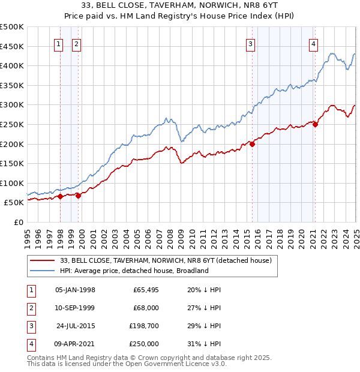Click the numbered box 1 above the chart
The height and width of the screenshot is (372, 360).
(x=59, y=43)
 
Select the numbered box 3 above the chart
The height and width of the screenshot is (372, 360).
(x=250, y=43)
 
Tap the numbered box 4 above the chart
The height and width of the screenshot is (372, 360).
(x=313, y=43)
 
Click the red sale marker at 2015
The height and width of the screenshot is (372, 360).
(x=253, y=144)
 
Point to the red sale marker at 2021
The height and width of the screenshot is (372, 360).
(x=315, y=124)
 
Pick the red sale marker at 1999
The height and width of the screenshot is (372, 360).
(x=79, y=196)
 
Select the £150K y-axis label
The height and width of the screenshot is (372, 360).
(x=12, y=163)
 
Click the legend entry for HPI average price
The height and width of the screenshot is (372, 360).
(x=133, y=271)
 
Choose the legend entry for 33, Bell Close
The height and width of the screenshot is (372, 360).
(x=166, y=260)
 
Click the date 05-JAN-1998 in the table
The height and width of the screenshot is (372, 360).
(x=75, y=290)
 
